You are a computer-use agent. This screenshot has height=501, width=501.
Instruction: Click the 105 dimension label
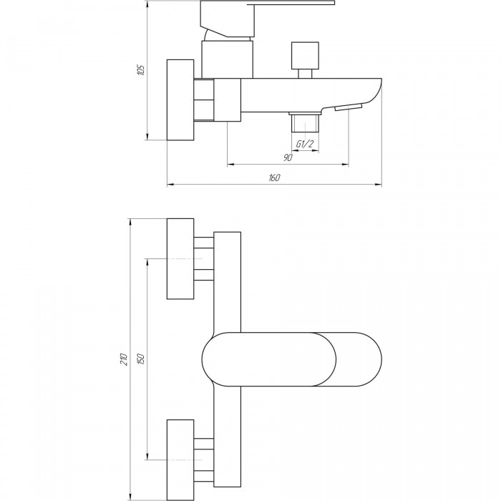click(141, 70)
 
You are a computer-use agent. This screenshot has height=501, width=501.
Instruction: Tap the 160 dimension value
click(275, 178)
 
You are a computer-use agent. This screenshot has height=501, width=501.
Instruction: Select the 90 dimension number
click(288, 157)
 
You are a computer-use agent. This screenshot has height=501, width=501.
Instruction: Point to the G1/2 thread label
click(304, 145)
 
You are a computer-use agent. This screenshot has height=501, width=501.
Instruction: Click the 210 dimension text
click(123, 359)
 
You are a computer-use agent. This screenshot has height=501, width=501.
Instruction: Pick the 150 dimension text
click(141, 359)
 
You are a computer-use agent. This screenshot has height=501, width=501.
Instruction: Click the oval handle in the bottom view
click(292, 359)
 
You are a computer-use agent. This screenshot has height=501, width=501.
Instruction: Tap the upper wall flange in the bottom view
click(180, 258)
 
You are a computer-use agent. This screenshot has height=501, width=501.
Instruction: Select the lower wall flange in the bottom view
click(180, 457)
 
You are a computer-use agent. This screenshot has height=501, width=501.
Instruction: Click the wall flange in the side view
click(180, 100)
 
